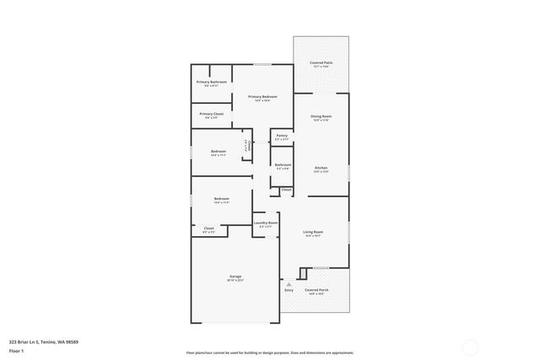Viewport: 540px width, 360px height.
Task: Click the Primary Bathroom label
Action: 212,82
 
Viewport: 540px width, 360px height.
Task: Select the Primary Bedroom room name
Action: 262,97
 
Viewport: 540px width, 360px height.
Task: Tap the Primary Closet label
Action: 211,114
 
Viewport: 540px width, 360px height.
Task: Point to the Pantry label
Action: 282,135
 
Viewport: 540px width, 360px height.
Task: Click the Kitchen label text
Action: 321,168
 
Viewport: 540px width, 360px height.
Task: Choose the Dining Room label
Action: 321,116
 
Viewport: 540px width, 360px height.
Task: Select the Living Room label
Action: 314,232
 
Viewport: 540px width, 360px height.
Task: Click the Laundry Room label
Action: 266,223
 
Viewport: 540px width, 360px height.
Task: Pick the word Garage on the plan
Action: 235,277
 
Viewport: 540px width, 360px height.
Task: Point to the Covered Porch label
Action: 317,289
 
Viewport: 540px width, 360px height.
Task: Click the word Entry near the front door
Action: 289,289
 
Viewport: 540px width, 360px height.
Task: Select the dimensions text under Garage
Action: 235,281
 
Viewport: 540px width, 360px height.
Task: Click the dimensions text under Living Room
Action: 314,236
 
